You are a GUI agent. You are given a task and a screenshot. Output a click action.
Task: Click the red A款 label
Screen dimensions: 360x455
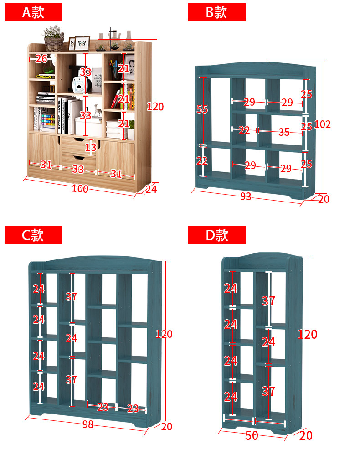(33, 12)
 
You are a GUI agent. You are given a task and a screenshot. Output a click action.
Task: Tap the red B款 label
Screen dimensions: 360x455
(216, 12)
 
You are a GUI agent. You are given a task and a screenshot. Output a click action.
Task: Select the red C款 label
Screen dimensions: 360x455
(33, 235)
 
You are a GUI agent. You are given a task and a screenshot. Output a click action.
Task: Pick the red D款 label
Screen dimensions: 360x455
(216, 235)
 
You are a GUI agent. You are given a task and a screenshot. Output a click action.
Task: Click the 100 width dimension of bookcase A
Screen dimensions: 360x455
(80, 188)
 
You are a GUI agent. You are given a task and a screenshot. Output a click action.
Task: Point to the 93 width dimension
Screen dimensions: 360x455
(245, 196)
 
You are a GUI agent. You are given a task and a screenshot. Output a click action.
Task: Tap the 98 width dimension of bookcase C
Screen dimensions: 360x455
(88, 424)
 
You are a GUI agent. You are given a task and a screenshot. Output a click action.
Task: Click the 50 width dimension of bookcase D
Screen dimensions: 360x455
(252, 436)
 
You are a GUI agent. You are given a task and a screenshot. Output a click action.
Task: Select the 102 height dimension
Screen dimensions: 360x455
(322, 124)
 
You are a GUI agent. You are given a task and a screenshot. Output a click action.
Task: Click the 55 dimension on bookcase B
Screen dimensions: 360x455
(202, 109)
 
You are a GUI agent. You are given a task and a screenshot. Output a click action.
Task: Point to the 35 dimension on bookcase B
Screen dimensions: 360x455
(284, 132)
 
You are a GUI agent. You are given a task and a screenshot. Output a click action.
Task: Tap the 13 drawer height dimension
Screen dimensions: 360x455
(91, 147)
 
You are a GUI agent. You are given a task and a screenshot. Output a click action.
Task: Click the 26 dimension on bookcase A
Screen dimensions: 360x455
(41, 58)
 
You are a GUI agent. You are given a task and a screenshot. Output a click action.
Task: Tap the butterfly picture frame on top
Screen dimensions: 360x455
(82, 43)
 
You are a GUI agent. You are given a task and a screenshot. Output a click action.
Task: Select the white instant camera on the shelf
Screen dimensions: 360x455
(80, 85)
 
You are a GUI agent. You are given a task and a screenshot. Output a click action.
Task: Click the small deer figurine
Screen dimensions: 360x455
(98, 110)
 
